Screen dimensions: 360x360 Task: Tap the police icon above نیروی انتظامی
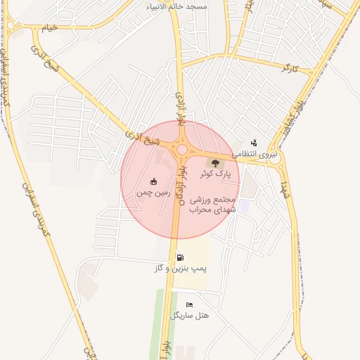coord(254,143)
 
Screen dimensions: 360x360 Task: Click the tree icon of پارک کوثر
coord(216,163)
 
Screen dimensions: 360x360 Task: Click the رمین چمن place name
coord(154,191)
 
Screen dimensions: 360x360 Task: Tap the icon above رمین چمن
coord(154,181)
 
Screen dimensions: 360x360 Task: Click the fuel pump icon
coord(181,257)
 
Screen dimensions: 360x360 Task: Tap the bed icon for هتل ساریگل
coord(189,304)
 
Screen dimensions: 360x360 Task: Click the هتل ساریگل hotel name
coord(190,315)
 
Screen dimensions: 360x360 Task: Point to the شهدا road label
coord(285,186)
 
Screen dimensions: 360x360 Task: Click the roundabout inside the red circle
coord(184,149)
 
